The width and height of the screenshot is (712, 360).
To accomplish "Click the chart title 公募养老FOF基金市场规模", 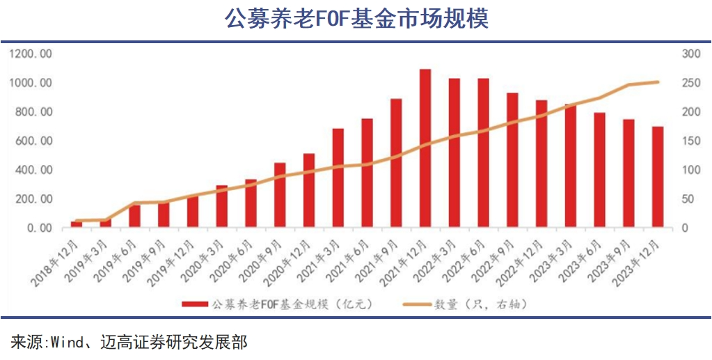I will click(x=356, y=18).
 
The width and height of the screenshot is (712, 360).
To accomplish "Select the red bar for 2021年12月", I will click(x=425, y=148).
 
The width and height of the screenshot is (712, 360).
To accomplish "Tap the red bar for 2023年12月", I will click(x=657, y=177).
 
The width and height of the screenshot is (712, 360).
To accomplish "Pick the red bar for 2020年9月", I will click(x=280, y=195).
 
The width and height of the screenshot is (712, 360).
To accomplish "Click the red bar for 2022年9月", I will click(x=512, y=160).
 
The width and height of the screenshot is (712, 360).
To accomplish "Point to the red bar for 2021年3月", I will click(x=338, y=178).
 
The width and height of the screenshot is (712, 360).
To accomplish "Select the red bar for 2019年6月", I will click(x=134, y=215).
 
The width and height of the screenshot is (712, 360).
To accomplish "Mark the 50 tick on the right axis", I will click(x=687, y=199).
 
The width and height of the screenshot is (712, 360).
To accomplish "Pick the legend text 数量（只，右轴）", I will click(x=480, y=304).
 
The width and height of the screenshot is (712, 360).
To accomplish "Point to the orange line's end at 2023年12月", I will click(x=657, y=82).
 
